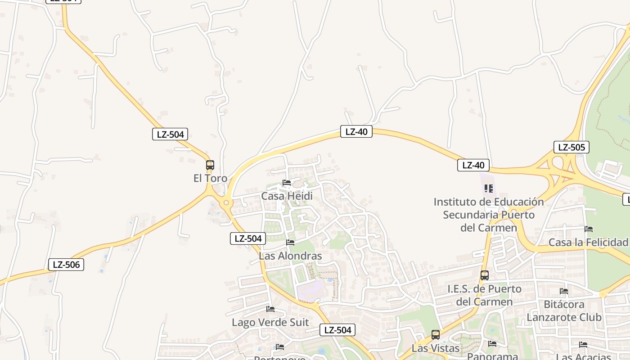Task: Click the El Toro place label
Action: tap(210, 178)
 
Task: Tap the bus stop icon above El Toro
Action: tap(210, 165)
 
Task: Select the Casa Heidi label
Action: tap(287, 196)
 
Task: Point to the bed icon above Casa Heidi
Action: tap(287, 183)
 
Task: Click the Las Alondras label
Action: tap(290, 256)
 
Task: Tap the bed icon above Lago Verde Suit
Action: tap(270, 309)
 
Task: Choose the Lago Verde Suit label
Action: tap(270, 323)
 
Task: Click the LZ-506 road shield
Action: tap(66, 265)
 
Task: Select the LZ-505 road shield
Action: tap(571, 147)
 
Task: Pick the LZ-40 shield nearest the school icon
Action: tap(473, 165)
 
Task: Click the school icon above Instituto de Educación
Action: tap(489, 188)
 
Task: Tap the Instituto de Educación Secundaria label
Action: tap(489, 215)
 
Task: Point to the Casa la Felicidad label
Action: tap(588, 243)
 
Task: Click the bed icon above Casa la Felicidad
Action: tap(588, 229)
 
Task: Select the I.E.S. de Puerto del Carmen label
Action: tap(484, 295)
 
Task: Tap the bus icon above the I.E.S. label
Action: tap(485, 275)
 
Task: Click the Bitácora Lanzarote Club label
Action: tap(564, 311)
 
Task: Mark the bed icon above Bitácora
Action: tap(564, 291)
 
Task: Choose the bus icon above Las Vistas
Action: tap(436, 335)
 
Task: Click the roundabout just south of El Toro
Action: tap(226, 203)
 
